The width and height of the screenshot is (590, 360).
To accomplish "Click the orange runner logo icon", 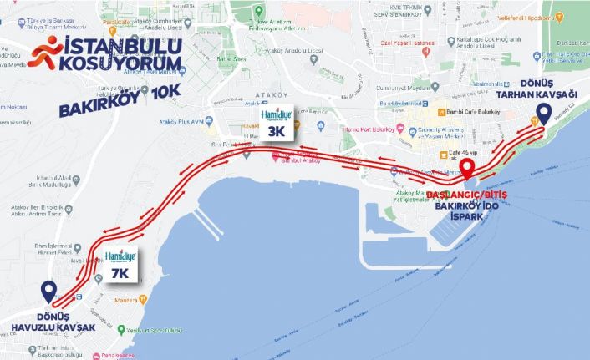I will tap(44, 51).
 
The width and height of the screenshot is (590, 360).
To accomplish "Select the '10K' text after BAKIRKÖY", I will tap(163, 109).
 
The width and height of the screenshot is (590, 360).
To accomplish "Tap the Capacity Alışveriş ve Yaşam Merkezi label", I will tap(439, 134).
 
